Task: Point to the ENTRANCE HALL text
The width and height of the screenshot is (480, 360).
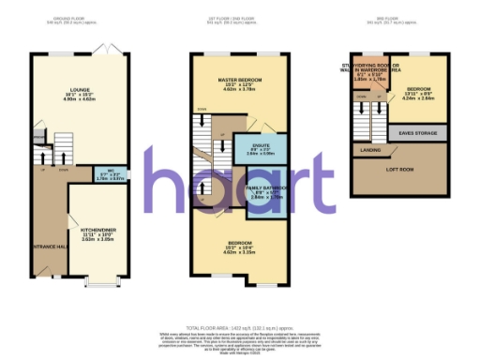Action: (49, 246)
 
